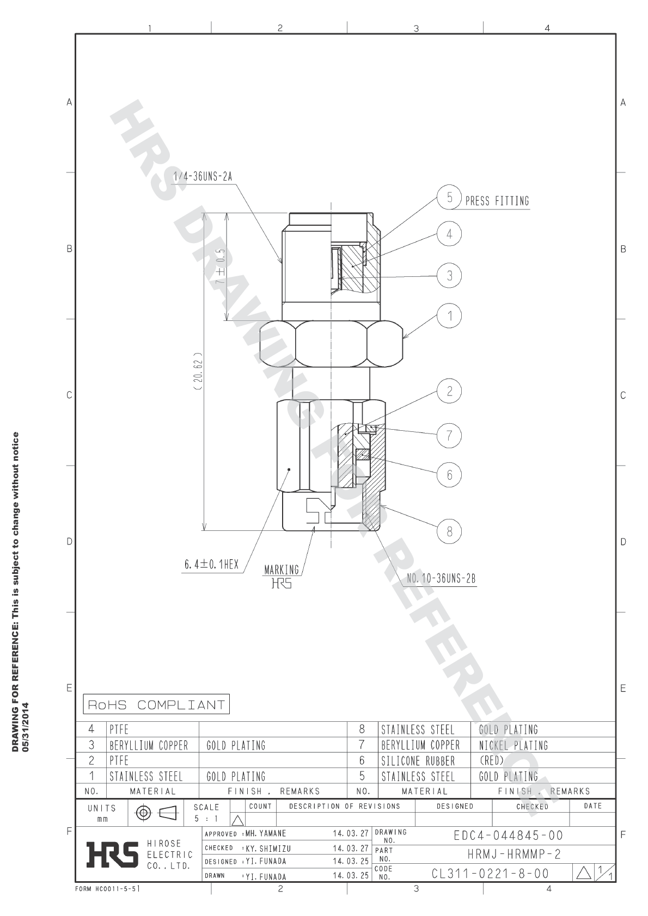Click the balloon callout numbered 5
tap(449, 197)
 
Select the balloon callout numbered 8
tap(449, 531)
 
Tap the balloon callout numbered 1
tap(450, 315)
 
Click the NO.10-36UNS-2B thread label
tap(441, 579)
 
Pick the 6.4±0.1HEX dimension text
tap(211, 565)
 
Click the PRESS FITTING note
tap(497, 201)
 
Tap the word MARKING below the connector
tap(282, 570)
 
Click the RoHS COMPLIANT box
tap(156, 705)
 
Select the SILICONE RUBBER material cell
tap(418, 761)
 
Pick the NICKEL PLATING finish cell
tap(513, 745)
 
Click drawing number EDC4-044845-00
tap(508, 835)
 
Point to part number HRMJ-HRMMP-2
tap(513, 855)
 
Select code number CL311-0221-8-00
tap(490, 874)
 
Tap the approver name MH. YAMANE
tap(265, 834)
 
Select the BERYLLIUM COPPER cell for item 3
tap(149, 745)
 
